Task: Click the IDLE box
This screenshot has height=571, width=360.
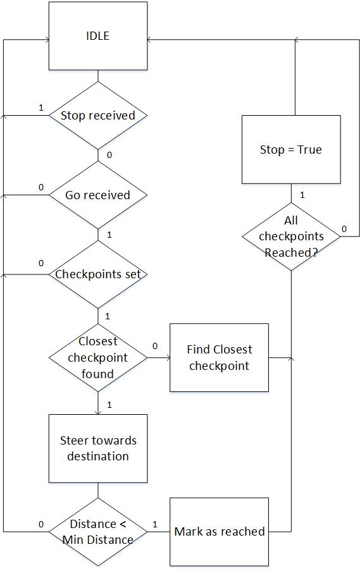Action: [98, 35]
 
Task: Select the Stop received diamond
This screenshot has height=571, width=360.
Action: [98, 116]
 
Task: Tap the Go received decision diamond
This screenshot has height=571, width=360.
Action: [98, 195]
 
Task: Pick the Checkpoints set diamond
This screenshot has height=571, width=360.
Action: [98, 274]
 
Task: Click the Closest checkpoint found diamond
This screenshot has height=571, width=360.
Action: [98, 358]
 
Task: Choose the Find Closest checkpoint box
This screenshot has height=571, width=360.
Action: [219, 358]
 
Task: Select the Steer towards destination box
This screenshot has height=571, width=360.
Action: [98, 448]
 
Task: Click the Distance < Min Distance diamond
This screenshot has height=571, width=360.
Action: [98, 532]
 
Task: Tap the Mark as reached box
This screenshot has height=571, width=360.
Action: [219, 532]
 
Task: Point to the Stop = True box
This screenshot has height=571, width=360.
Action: [291, 149]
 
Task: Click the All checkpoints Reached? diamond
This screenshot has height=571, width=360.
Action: [291, 236]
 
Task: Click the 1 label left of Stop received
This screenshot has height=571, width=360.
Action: [41, 107]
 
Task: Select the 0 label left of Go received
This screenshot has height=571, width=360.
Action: [41, 187]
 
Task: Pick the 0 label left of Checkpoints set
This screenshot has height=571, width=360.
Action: [41, 263]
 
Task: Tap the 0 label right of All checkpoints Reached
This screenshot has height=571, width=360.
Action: [344, 229]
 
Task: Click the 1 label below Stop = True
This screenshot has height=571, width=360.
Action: [302, 195]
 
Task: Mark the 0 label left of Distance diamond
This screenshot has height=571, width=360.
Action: [41, 524]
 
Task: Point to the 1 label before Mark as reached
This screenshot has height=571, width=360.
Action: [155, 524]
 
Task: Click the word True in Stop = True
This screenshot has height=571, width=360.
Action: [309, 149]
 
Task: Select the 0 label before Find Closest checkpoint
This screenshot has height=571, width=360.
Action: [155, 346]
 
